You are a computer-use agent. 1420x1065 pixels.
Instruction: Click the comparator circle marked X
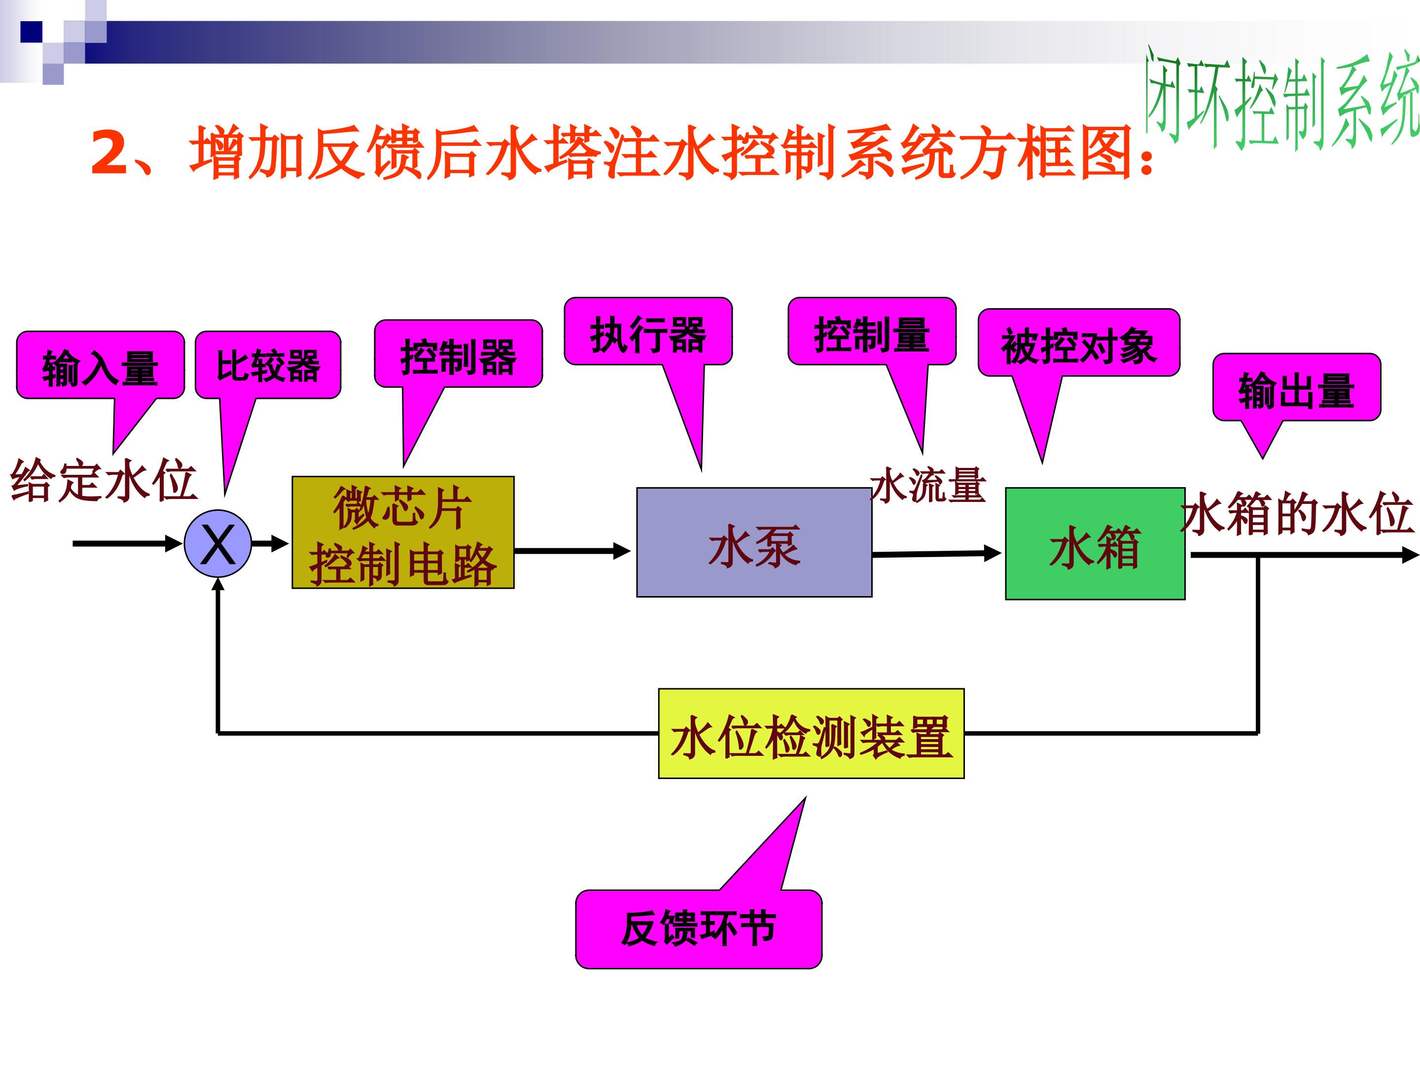pyautogui.click(x=217, y=543)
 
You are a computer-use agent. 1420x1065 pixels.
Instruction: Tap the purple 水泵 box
pyautogui.click(x=754, y=542)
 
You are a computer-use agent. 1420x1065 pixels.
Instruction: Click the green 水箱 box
pyautogui.click(x=1095, y=544)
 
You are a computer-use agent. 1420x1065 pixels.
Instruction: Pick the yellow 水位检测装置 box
pyautogui.click(x=811, y=734)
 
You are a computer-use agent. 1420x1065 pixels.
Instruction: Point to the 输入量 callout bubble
pyautogui.click(x=100, y=366)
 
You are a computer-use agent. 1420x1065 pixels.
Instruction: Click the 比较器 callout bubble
pyautogui.click(x=268, y=365)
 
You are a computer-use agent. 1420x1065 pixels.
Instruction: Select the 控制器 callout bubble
pyautogui.click(x=459, y=355)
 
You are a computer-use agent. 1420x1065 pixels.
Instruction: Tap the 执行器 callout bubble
pyautogui.click(x=648, y=332)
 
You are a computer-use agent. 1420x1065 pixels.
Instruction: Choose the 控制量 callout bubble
pyautogui.click(x=872, y=332)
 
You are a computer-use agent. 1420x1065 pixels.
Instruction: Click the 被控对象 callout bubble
pyautogui.click(x=1078, y=344)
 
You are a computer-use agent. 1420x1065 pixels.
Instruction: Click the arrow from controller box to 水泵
pyautogui.click(x=571, y=551)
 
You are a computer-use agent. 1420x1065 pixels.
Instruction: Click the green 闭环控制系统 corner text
pyautogui.click(x=1280, y=100)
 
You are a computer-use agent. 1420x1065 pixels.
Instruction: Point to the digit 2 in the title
pyautogui.click(x=110, y=153)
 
